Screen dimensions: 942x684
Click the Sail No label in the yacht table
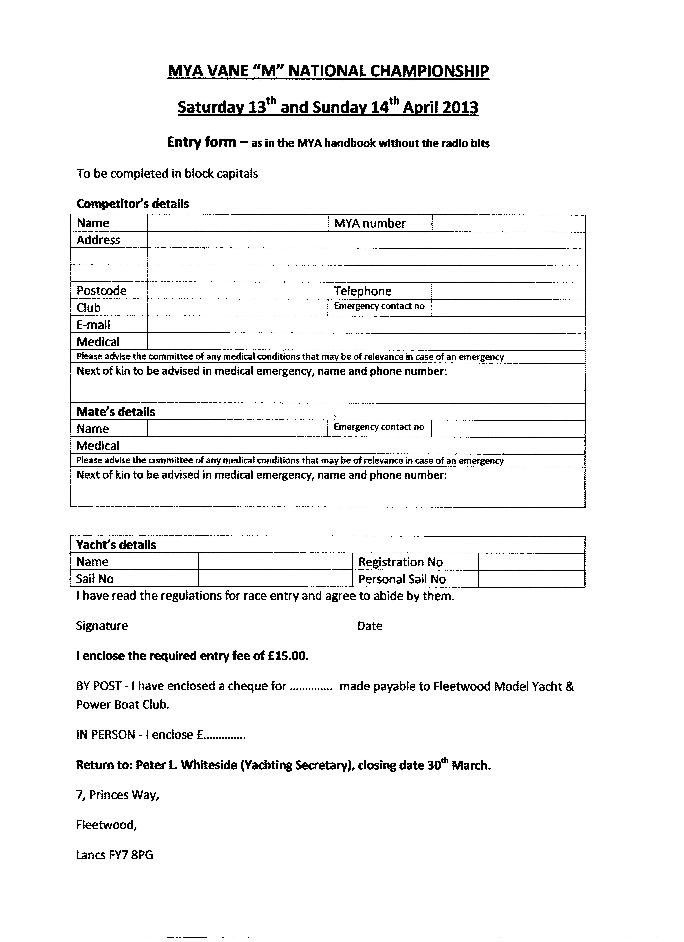(x=95, y=579)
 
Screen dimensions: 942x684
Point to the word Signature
(x=102, y=626)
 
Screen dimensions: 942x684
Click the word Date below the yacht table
(x=369, y=626)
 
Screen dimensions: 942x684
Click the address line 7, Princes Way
(x=117, y=795)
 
